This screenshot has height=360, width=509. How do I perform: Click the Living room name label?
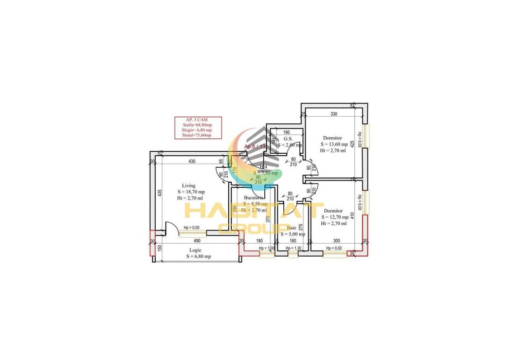click(x=189, y=186)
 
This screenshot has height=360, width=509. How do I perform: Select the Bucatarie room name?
click(x=254, y=197)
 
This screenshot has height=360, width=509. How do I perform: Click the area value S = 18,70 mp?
click(x=188, y=192)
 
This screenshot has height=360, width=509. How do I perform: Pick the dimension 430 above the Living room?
click(x=191, y=162)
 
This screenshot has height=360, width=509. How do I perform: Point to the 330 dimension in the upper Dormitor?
click(x=334, y=114)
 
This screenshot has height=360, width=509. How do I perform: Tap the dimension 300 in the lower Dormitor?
click(x=336, y=240)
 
